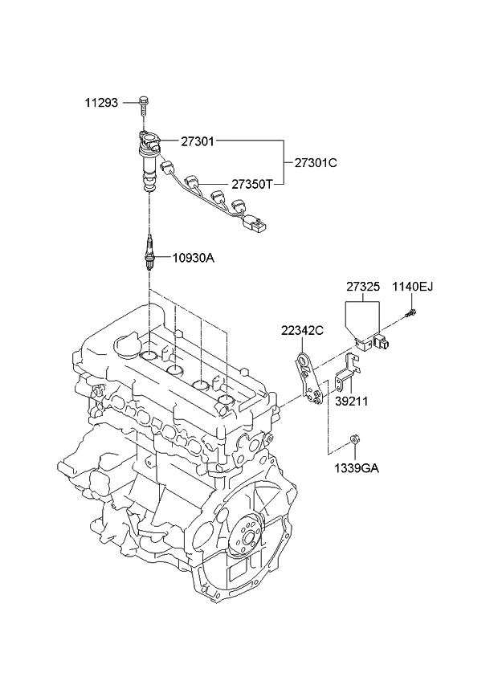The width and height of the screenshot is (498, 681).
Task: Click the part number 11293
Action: pyautogui.click(x=102, y=103)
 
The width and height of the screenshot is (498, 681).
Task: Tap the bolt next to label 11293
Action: pyautogui.click(x=143, y=102)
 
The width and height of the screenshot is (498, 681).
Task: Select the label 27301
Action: pyautogui.click(x=197, y=141)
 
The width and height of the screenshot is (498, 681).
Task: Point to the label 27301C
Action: pyautogui.click(x=315, y=162)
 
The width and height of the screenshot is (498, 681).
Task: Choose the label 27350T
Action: pyautogui.click(x=252, y=183)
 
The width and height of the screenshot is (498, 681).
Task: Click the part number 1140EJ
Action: pyautogui.click(x=411, y=287)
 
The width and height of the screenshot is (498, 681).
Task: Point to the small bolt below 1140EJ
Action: pyautogui.click(x=411, y=313)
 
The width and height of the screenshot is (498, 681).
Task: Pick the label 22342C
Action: pyautogui.click(x=302, y=329)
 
